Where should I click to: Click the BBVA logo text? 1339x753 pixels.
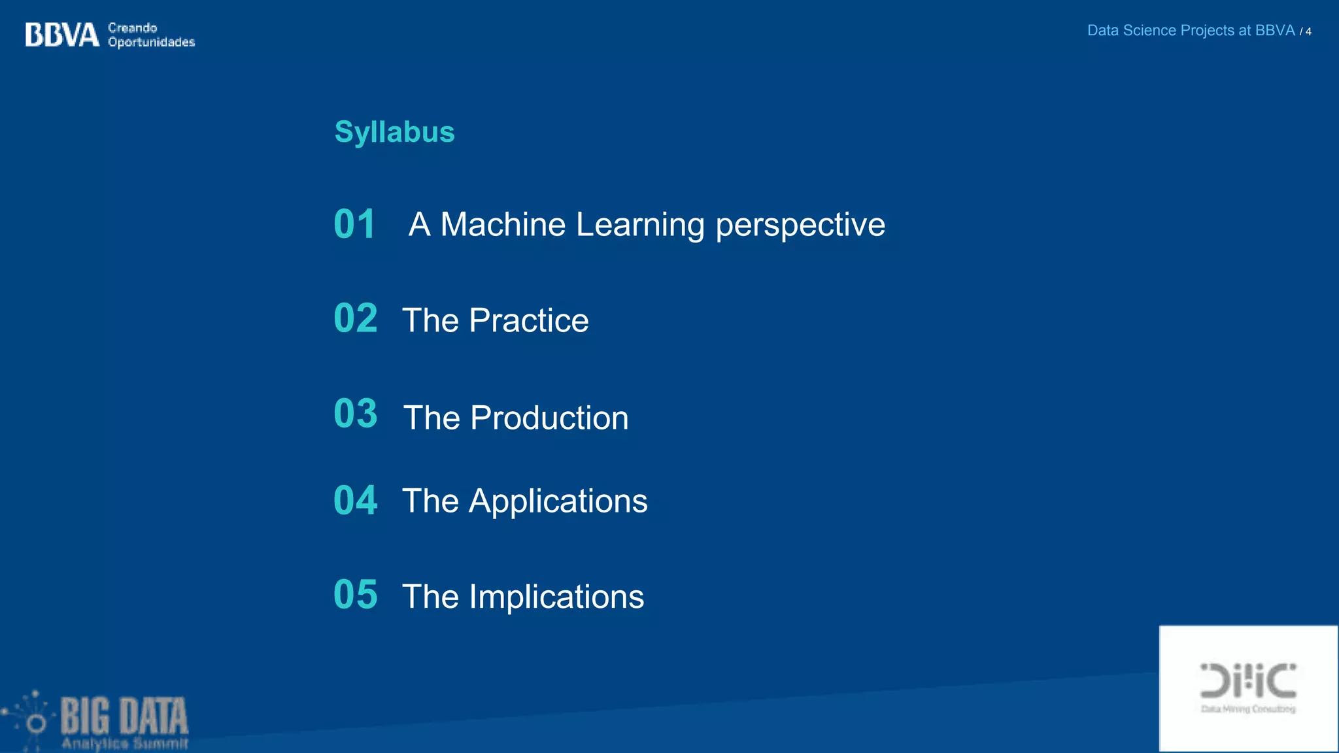point(62,35)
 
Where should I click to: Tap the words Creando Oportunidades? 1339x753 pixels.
point(151,35)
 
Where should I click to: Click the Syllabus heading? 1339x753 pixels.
point(394,132)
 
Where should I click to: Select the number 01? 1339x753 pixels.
point(354,224)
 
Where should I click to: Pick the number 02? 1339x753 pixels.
point(355,318)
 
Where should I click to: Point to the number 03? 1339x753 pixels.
point(355,414)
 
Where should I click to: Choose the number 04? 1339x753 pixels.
point(355,501)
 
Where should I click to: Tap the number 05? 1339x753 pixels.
point(355,595)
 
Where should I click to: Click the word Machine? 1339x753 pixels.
point(503,225)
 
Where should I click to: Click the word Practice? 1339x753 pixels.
point(528,320)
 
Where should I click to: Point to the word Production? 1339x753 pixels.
point(549,418)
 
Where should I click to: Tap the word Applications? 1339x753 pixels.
point(558,502)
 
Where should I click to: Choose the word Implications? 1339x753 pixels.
point(556,597)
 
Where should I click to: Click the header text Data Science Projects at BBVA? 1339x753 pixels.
point(1191,31)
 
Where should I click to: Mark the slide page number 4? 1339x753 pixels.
point(1308,31)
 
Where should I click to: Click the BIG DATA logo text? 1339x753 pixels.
point(124,716)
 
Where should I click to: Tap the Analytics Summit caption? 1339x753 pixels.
point(125,744)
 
